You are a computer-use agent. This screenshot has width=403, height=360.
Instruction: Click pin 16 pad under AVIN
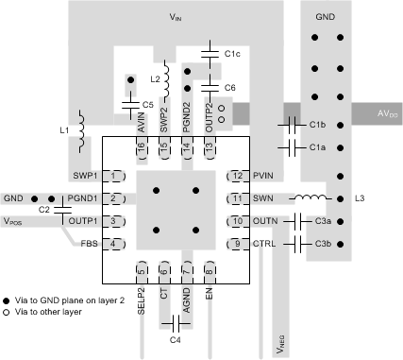[141, 146]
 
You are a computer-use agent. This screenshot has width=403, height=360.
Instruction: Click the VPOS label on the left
[15, 221]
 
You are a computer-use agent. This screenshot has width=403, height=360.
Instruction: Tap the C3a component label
[323, 221]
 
